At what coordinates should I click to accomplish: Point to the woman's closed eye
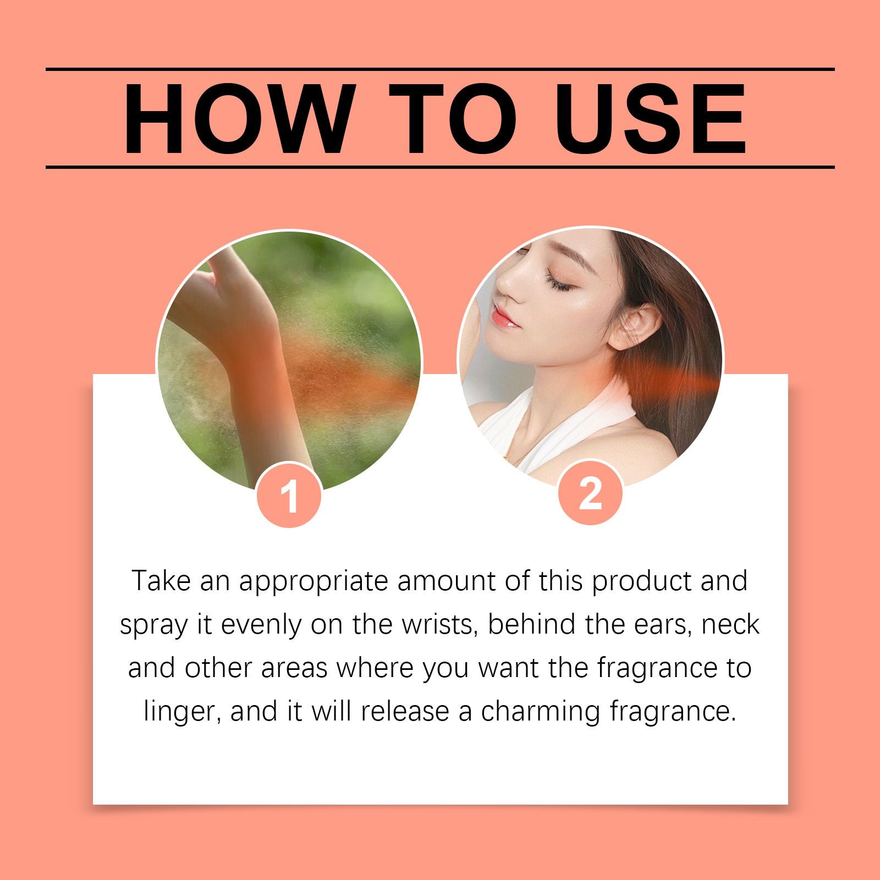[x=558, y=280]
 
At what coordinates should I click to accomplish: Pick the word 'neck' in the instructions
[x=731, y=625]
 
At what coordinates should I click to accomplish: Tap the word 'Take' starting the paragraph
[x=161, y=581]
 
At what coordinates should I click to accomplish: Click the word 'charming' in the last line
[x=540, y=712]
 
